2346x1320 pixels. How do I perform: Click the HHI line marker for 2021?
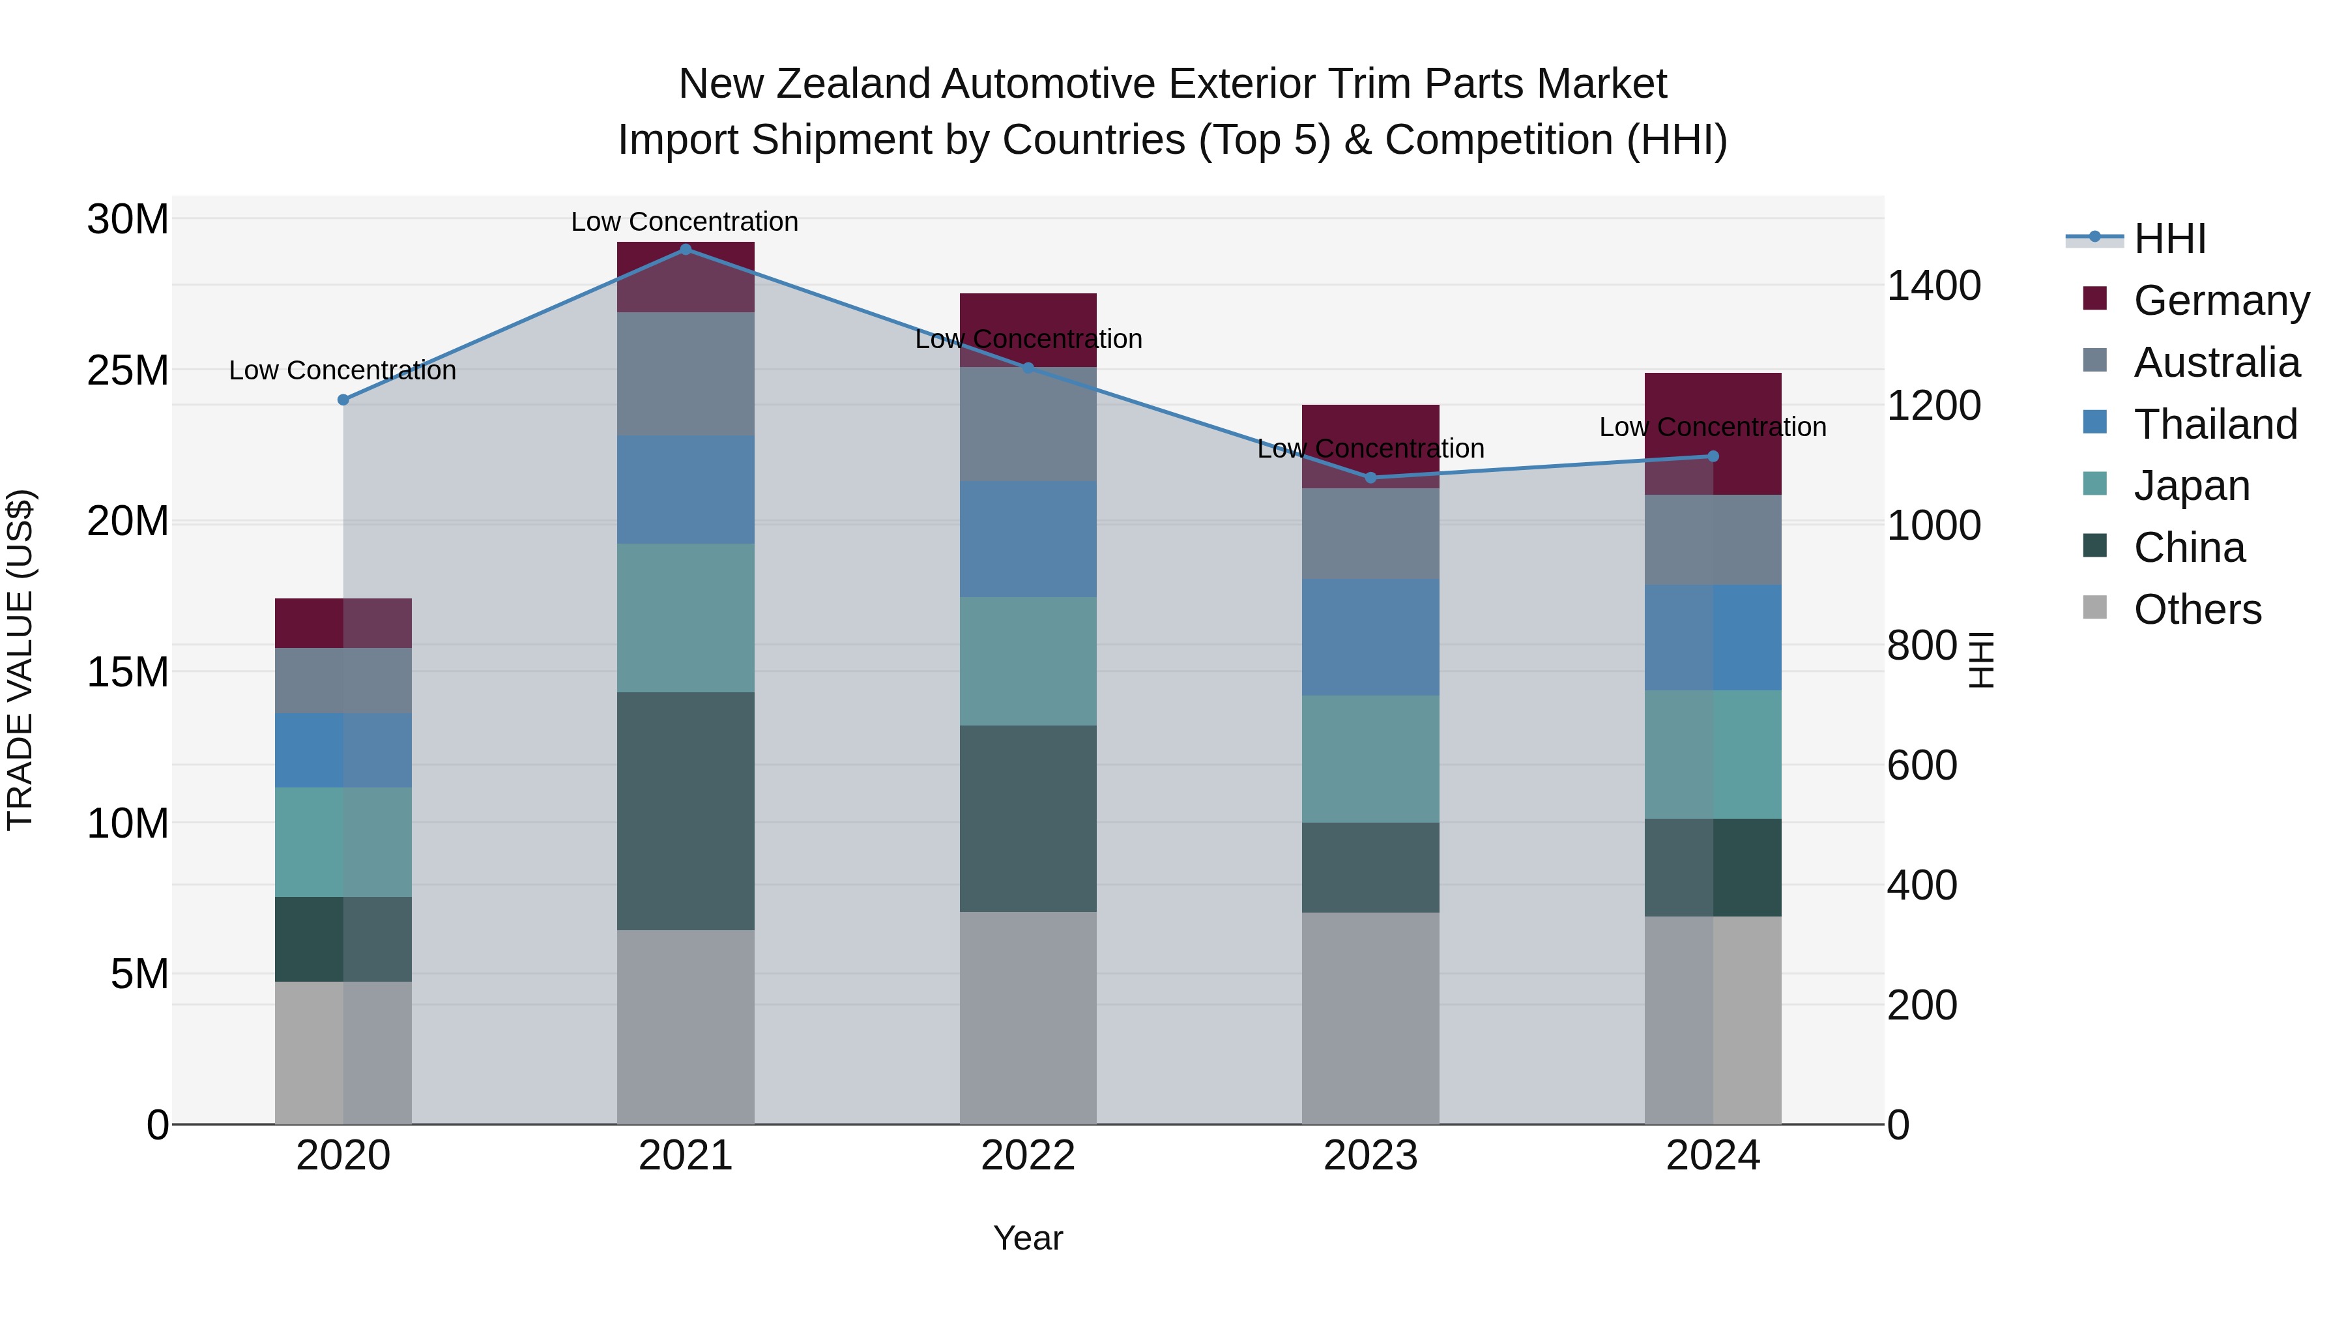686,250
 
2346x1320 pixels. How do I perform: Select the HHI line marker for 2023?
1370,477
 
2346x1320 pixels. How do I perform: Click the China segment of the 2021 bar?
686,811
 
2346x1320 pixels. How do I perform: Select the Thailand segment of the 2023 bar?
1370,637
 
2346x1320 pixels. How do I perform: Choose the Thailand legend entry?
2215,424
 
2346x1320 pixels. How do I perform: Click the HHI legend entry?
2169,239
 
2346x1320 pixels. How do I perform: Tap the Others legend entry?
2197,609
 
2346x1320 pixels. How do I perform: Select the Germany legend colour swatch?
2094,299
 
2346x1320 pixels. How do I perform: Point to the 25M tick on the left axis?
128,371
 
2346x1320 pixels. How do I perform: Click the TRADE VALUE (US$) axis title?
21,660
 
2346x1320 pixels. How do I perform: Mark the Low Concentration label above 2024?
1712,427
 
